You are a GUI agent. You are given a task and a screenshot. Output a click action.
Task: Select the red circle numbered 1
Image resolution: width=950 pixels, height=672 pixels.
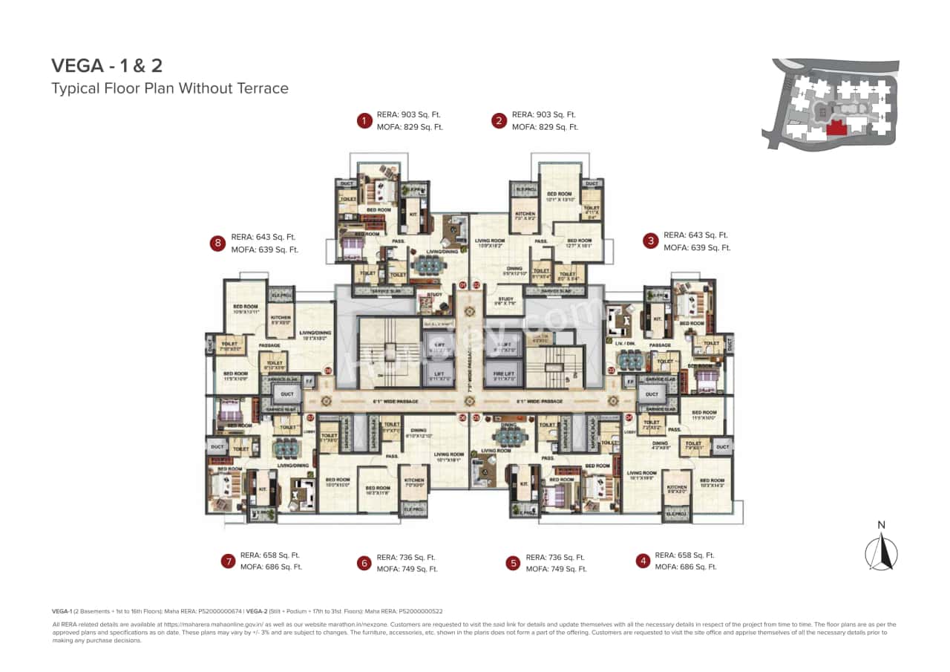point(364,120)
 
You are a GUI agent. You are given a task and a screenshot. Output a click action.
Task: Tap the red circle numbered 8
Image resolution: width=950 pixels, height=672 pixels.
point(217,244)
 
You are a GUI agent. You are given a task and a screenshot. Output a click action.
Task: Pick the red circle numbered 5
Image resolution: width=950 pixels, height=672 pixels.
point(513,563)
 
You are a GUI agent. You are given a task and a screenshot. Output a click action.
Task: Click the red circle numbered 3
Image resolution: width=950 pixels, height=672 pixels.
point(651,241)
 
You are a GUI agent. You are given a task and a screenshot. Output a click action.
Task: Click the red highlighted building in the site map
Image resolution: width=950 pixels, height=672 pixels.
point(836,128)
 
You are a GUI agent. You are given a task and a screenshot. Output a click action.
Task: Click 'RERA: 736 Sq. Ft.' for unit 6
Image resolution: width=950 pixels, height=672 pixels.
point(406,558)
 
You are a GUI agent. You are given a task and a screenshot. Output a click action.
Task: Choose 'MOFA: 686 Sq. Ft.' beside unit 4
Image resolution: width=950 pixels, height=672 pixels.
point(685,567)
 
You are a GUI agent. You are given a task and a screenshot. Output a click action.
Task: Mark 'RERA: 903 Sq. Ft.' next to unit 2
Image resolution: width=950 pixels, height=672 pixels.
point(543,114)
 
